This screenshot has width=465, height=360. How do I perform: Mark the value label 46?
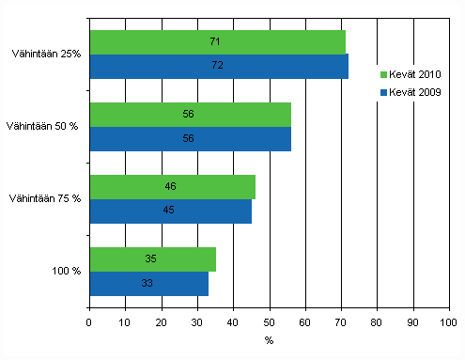point(170,187)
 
